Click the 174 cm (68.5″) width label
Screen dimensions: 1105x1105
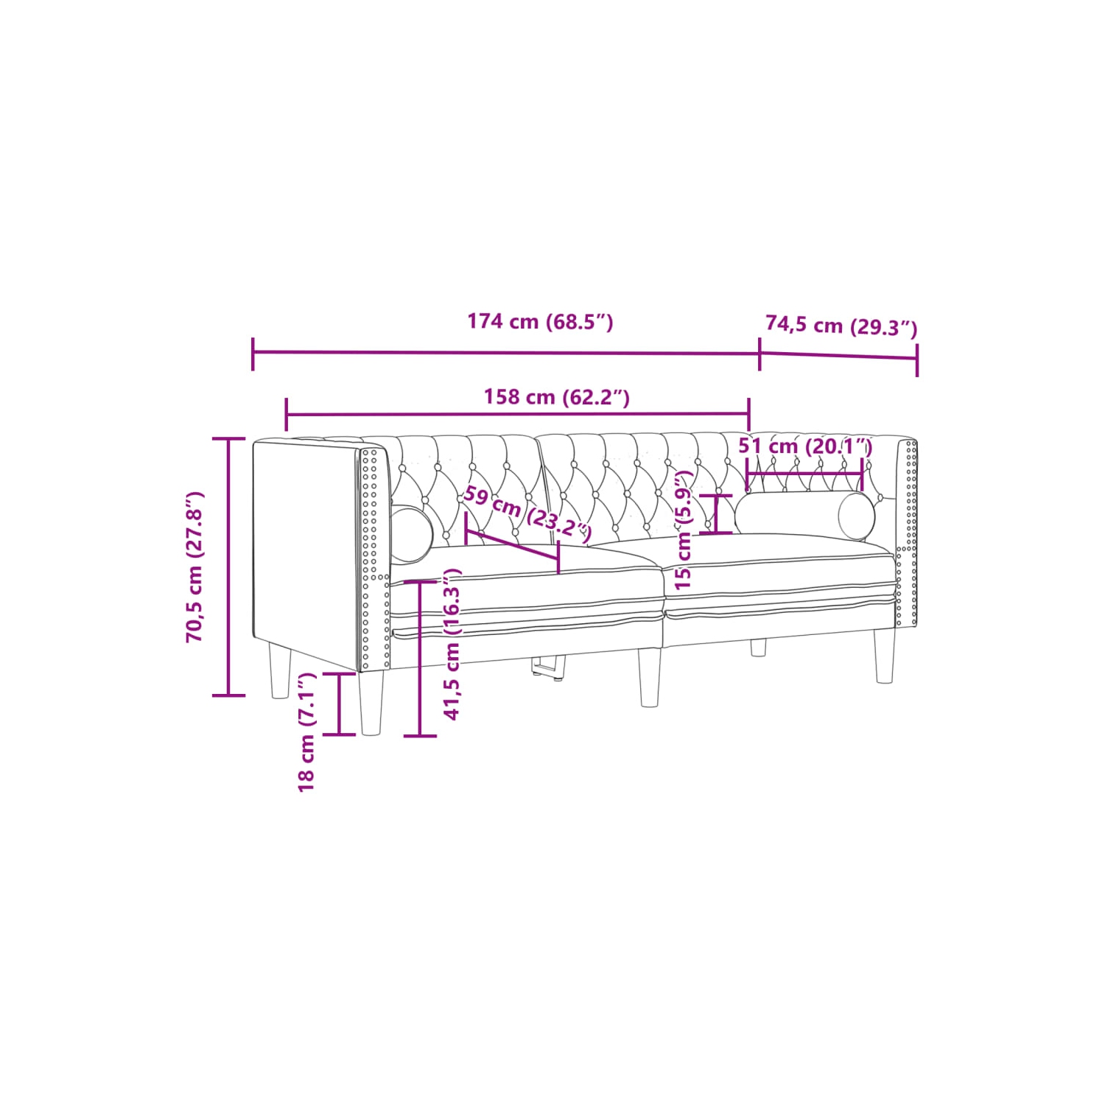tap(540, 322)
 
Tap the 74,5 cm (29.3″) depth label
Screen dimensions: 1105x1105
tap(841, 325)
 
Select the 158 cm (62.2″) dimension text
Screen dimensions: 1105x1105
tap(556, 397)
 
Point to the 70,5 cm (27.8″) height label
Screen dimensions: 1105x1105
tap(195, 566)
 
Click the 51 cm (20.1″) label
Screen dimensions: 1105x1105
tap(805, 446)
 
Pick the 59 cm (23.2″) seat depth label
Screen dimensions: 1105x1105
tap(527, 514)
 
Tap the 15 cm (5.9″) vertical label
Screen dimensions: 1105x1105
tap(684, 530)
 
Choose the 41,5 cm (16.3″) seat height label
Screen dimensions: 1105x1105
tap(452, 644)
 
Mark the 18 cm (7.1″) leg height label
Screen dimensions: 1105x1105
tap(306, 732)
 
